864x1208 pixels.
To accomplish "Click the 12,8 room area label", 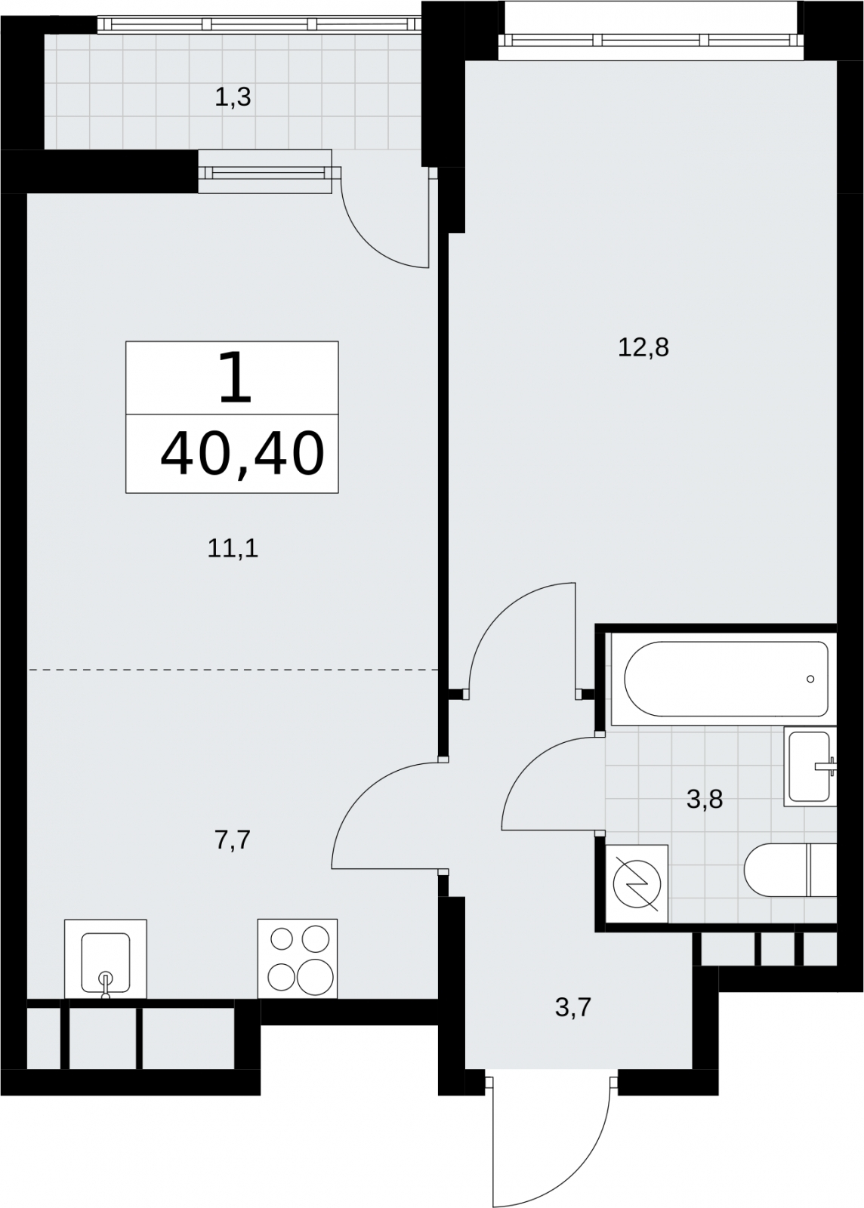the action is point(643,348).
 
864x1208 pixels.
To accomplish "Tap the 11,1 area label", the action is point(233,550).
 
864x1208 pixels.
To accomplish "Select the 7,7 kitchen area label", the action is point(233,840).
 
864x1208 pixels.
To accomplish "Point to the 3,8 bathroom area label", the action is point(705,799).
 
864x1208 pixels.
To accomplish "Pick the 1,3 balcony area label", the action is point(233,97).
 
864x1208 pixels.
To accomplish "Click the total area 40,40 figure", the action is point(242,454).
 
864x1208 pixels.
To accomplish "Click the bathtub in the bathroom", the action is point(726,679).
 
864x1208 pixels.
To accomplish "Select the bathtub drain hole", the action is point(810,679).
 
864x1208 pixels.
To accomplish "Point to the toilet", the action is point(791,870).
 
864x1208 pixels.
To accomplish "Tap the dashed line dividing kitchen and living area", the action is point(233,669).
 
